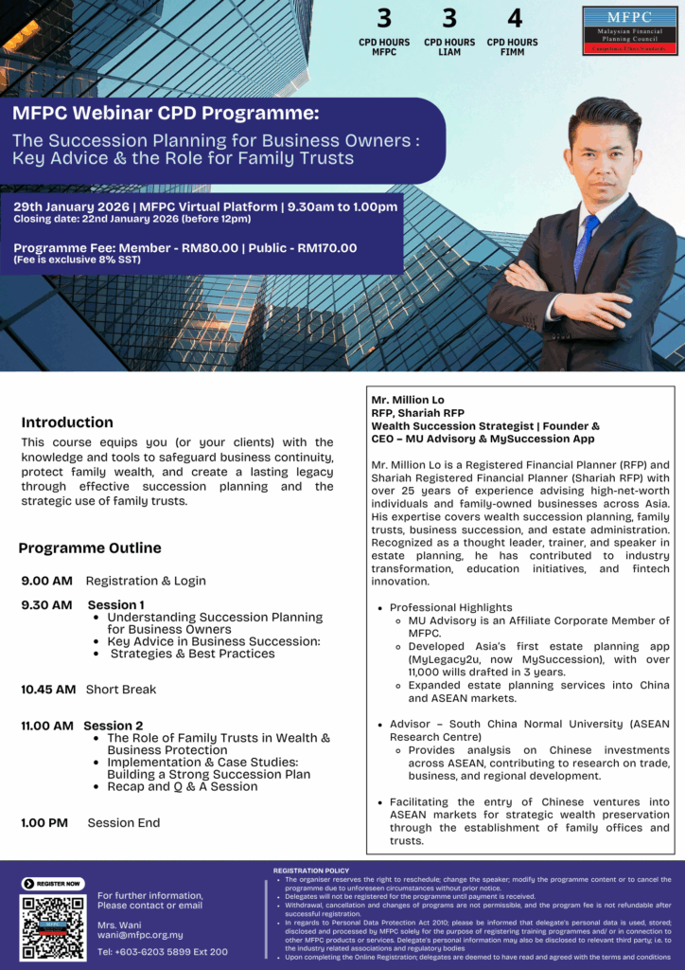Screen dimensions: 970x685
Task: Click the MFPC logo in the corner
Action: [629, 30]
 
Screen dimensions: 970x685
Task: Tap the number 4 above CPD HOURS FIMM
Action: [514, 18]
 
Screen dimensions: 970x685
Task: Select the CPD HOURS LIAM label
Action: [449, 46]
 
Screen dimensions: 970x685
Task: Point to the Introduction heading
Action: [67, 422]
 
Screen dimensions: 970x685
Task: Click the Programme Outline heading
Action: [90, 548]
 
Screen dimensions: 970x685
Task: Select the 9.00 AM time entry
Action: [46, 581]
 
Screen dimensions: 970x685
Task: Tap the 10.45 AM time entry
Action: [48, 690]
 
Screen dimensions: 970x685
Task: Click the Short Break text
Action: [121, 690]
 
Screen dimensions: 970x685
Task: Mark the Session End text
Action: [124, 823]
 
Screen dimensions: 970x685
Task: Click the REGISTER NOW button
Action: [53, 884]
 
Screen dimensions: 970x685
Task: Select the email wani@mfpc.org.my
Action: [140, 935]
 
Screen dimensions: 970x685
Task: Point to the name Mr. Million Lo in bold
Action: [408, 400]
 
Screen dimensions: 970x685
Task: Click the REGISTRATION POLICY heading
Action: [311, 871]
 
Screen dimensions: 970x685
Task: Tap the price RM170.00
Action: [326, 248]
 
